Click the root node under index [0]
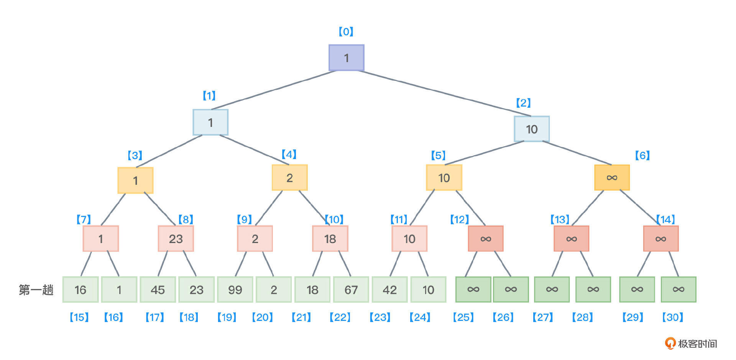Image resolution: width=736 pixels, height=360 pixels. (x=346, y=58)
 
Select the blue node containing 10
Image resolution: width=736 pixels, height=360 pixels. (x=532, y=129)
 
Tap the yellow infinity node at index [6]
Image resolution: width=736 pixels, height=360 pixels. (x=612, y=178)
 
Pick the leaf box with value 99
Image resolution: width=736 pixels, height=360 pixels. (x=235, y=289)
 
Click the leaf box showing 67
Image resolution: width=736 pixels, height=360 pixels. (x=351, y=289)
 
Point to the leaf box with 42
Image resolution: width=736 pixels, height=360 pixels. (x=389, y=289)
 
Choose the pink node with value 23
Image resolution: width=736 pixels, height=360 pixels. (x=176, y=238)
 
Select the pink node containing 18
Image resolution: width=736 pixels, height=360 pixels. (x=330, y=238)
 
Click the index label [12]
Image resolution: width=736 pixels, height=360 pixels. (x=460, y=219)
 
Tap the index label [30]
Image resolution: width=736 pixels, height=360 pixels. (x=673, y=317)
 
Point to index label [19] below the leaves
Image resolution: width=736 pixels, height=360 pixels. (x=227, y=317)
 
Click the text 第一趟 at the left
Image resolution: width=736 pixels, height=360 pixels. (x=36, y=290)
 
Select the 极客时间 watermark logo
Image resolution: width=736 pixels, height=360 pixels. (x=691, y=343)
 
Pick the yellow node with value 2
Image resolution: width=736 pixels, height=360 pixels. (x=290, y=178)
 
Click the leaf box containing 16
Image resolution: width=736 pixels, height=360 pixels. (x=80, y=289)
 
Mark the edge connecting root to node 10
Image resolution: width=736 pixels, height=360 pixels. (x=445, y=93)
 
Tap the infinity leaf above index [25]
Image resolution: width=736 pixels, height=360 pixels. (x=473, y=289)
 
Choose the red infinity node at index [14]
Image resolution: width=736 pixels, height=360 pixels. (x=661, y=238)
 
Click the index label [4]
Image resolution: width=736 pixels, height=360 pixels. (x=289, y=154)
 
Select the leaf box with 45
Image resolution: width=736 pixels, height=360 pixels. (x=158, y=289)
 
